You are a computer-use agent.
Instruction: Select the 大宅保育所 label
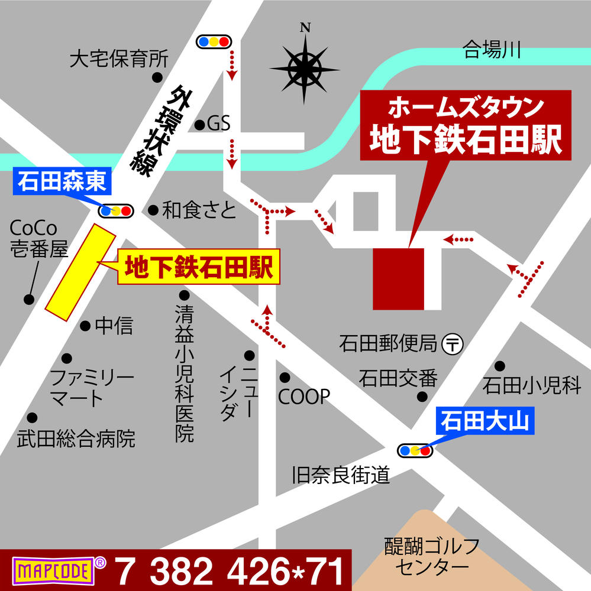[x=119, y=59]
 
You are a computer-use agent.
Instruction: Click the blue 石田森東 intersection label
[x=62, y=181]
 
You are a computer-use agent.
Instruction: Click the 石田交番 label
[x=398, y=377]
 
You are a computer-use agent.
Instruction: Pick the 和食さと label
[x=199, y=210]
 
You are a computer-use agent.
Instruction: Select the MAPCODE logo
[x=54, y=571]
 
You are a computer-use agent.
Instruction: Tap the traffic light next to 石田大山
[x=415, y=451]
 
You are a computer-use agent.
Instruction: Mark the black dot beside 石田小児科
[x=500, y=366]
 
